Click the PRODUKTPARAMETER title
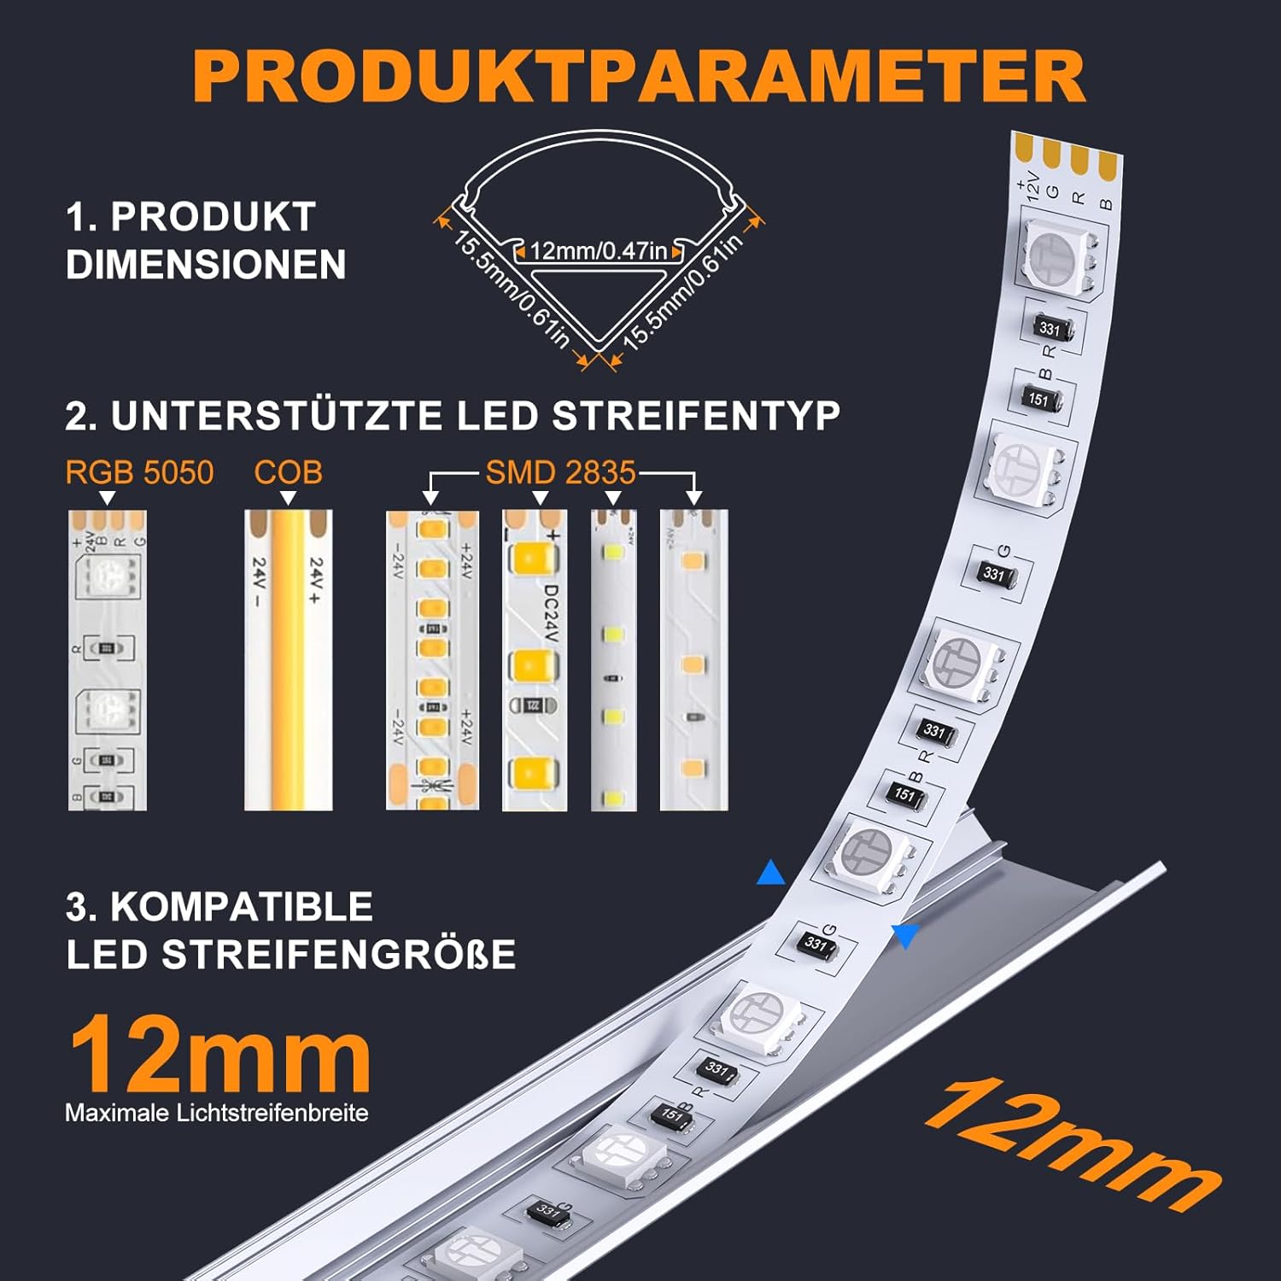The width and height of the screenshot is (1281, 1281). (639, 77)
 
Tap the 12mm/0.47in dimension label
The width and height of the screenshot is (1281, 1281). (598, 251)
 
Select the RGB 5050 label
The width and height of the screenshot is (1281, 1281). (139, 472)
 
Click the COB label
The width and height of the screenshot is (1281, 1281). (288, 472)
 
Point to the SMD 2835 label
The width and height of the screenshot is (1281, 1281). (561, 472)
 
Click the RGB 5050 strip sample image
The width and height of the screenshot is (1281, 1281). (108, 660)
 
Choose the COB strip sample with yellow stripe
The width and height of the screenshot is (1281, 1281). (288, 660)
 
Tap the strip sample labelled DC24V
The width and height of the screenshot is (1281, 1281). (535, 660)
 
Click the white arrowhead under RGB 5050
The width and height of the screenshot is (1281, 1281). (108, 498)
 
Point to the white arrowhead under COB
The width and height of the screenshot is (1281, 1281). (288, 498)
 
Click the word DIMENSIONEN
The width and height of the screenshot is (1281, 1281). (206, 265)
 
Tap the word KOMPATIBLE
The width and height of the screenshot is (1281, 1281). (242, 907)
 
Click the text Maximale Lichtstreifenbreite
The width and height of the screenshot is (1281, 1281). (217, 1113)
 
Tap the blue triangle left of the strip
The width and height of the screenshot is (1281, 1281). (770, 873)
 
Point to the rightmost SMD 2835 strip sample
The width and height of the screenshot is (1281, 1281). (693, 660)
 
